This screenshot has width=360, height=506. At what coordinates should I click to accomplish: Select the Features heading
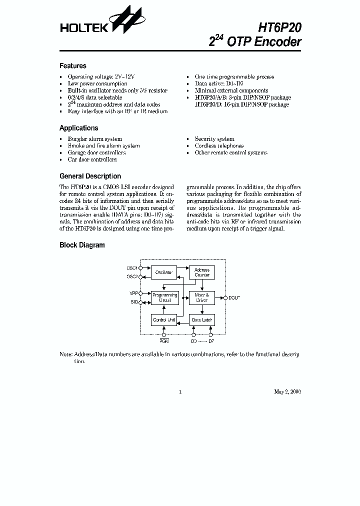point(73,66)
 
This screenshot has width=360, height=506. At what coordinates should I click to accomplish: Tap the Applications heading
point(79,128)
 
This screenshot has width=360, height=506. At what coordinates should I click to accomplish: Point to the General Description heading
point(90,176)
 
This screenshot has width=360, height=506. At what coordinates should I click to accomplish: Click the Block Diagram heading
point(82,245)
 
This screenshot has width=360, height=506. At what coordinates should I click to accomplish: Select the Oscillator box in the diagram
point(163,273)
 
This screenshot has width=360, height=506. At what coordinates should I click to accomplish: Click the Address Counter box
point(202,272)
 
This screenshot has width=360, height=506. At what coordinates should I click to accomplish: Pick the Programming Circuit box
point(164,298)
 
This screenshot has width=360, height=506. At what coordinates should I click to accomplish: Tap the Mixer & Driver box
point(202,298)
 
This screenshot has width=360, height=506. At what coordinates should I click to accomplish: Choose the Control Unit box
point(163,319)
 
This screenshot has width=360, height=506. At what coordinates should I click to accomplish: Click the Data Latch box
point(202,319)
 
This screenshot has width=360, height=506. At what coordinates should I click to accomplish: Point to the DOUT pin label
point(234,298)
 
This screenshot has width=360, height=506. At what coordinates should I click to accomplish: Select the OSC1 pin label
point(132,268)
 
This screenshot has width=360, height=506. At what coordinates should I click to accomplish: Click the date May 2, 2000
point(287,391)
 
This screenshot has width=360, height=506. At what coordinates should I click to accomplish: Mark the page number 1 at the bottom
point(179,391)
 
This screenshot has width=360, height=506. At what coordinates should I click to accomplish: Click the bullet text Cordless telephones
point(219,146)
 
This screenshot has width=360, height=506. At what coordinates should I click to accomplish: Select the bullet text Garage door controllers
point(96,153)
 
